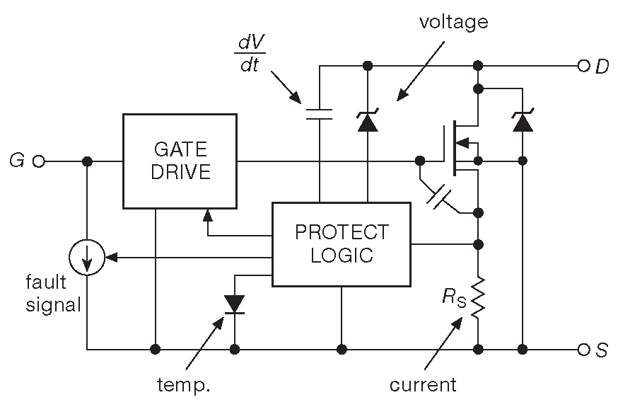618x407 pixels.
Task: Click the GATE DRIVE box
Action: point(180,161)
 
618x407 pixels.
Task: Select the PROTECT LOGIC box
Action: point(342,243)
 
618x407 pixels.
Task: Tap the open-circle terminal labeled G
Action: point(38,161)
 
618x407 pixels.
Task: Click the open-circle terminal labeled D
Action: point(584,67)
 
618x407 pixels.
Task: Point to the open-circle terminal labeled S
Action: point(584,349)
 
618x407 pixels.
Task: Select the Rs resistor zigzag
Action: point(479,297)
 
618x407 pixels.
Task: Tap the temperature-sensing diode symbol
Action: point(234,304)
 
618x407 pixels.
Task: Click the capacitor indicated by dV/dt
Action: point(319,115)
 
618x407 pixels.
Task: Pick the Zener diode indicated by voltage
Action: point(367,122)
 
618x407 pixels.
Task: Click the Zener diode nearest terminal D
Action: point(523,122)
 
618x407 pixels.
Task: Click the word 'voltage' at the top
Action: point(453,22)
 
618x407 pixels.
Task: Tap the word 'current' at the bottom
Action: point(423,385)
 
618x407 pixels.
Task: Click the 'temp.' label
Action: point(185,386)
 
